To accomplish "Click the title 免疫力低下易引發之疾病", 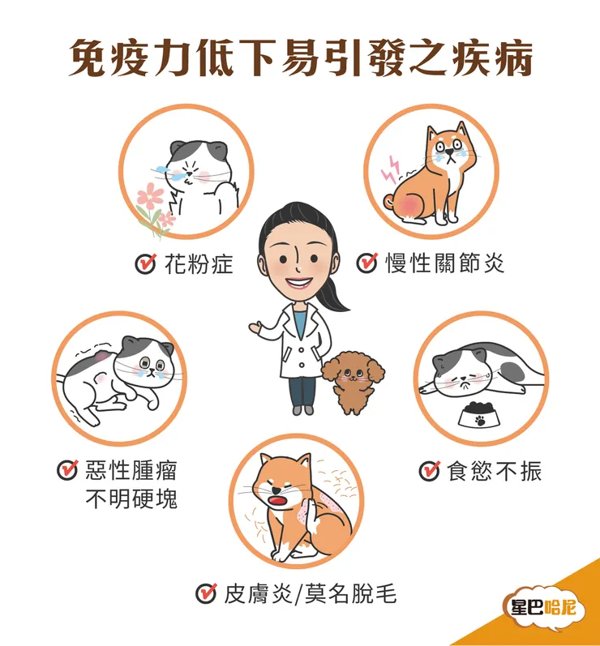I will click(x=300, y=58).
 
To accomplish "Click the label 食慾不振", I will click(x=494, y=471).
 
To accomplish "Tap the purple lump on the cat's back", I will click(x=99, y=357).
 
